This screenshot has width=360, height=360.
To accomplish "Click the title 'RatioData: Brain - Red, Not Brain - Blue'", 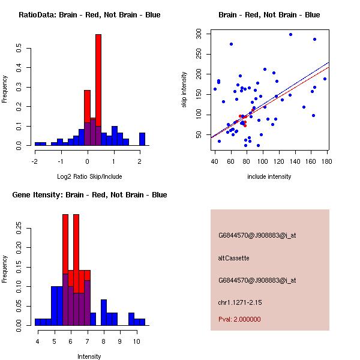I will point(89,15).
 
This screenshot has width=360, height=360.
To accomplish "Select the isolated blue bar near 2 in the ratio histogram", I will point(142,139).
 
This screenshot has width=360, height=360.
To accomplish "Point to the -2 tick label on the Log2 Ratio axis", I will point(35,161).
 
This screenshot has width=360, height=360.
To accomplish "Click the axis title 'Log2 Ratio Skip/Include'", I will point(88,178).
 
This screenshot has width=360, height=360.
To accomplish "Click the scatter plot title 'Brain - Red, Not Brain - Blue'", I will point(269,15).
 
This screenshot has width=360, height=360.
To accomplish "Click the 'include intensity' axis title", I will point(269,177).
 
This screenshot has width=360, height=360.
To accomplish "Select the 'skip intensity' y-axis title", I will point(185,90).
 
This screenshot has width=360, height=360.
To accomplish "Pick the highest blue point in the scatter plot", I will point(290,34).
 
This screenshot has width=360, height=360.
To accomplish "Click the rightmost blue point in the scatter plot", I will point(325,79).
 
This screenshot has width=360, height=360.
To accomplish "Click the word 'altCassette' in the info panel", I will point(233,258).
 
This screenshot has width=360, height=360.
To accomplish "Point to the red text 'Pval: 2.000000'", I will point(239,319).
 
